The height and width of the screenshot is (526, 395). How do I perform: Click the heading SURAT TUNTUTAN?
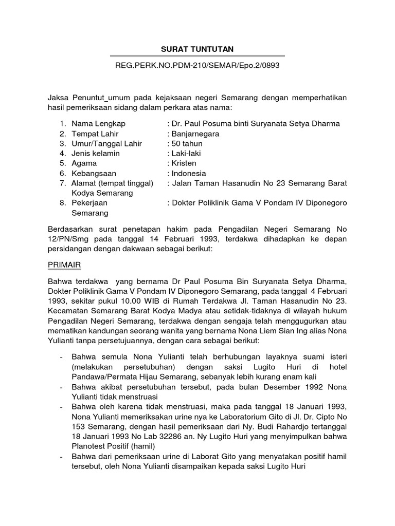pos(197,49)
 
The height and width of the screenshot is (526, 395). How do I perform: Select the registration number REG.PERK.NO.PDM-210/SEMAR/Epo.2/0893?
pos(197,66)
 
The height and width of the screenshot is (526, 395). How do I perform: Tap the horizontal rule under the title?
pos(197,56)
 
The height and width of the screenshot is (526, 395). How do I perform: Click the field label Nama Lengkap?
pos(98,124)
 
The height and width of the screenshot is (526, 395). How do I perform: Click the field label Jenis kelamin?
pos(96,154)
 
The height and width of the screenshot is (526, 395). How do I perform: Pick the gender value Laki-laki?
pos(186,154)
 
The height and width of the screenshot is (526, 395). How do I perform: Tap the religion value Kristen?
pos(184,163)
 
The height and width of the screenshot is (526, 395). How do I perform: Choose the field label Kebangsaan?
pos(95,173)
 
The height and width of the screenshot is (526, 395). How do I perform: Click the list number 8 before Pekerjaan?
pos(61,203)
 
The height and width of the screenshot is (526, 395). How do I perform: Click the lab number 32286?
pos(143,436)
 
